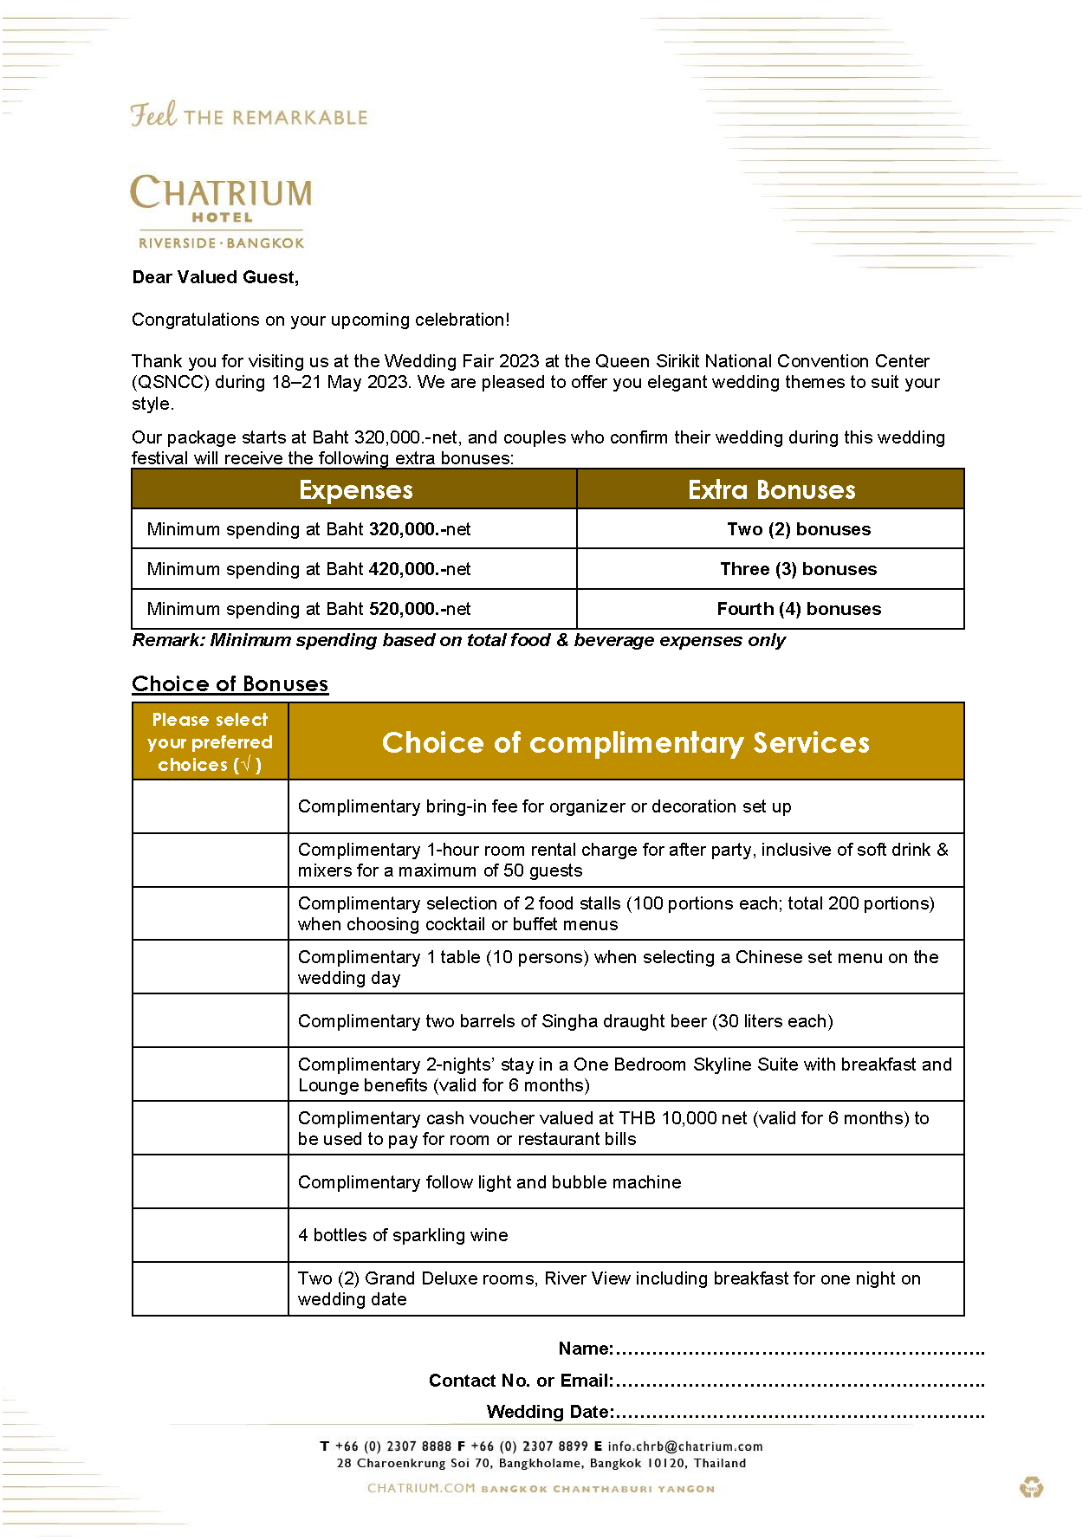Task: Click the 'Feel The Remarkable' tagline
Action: tap(249, 115)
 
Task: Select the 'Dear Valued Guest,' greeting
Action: tap(215, 277)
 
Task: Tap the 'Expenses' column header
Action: tap(355, 489)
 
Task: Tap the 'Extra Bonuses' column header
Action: tap(771, 489)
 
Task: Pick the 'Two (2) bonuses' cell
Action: tap(798, 529)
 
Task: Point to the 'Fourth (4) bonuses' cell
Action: tap(798, 609)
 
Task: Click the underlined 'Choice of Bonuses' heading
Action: tap(230, 684)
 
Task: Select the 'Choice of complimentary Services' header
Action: tap(626, 742)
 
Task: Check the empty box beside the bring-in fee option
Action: tap(210, 806)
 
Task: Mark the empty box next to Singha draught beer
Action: tap(210, 1021)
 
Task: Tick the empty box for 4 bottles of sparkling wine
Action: tap(210, 1235)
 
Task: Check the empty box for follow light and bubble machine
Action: tap(210, 1182)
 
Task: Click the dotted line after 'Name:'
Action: tap(799, 1350)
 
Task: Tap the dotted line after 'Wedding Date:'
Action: tap(799, 1414)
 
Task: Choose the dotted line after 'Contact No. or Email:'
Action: tap(799, 1382)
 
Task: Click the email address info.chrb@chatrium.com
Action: tap(684, 1446)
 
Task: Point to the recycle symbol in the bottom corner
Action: tap(1031, 1488)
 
